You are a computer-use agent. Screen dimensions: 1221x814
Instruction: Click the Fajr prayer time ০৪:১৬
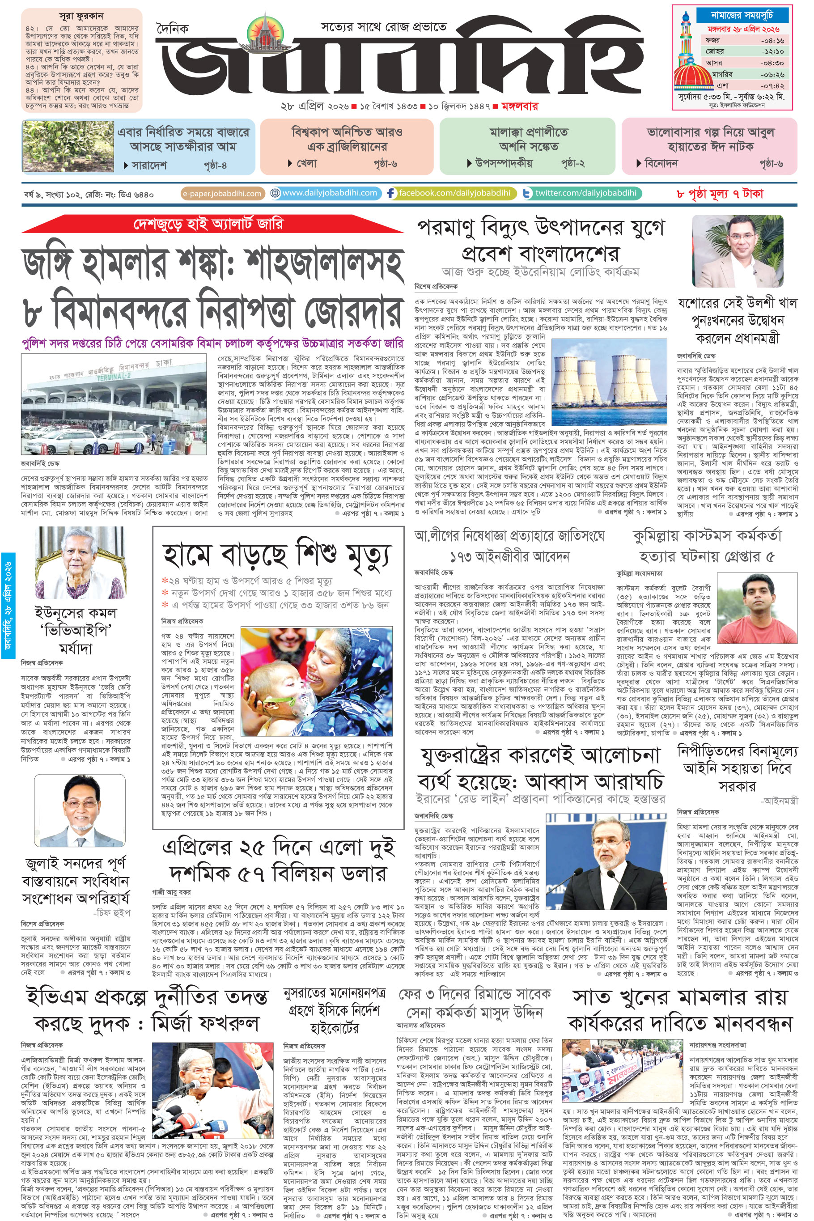[772, 40]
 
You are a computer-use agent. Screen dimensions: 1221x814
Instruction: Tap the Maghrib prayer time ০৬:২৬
[772, 74]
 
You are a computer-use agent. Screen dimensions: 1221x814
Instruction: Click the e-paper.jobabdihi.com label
[222, 194]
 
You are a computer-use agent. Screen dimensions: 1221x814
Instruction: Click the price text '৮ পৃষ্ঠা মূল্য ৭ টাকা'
[720, 194]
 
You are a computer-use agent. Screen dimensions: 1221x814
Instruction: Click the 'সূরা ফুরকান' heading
[81, 16]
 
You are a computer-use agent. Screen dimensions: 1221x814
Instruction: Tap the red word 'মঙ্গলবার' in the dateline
[519, 106]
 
